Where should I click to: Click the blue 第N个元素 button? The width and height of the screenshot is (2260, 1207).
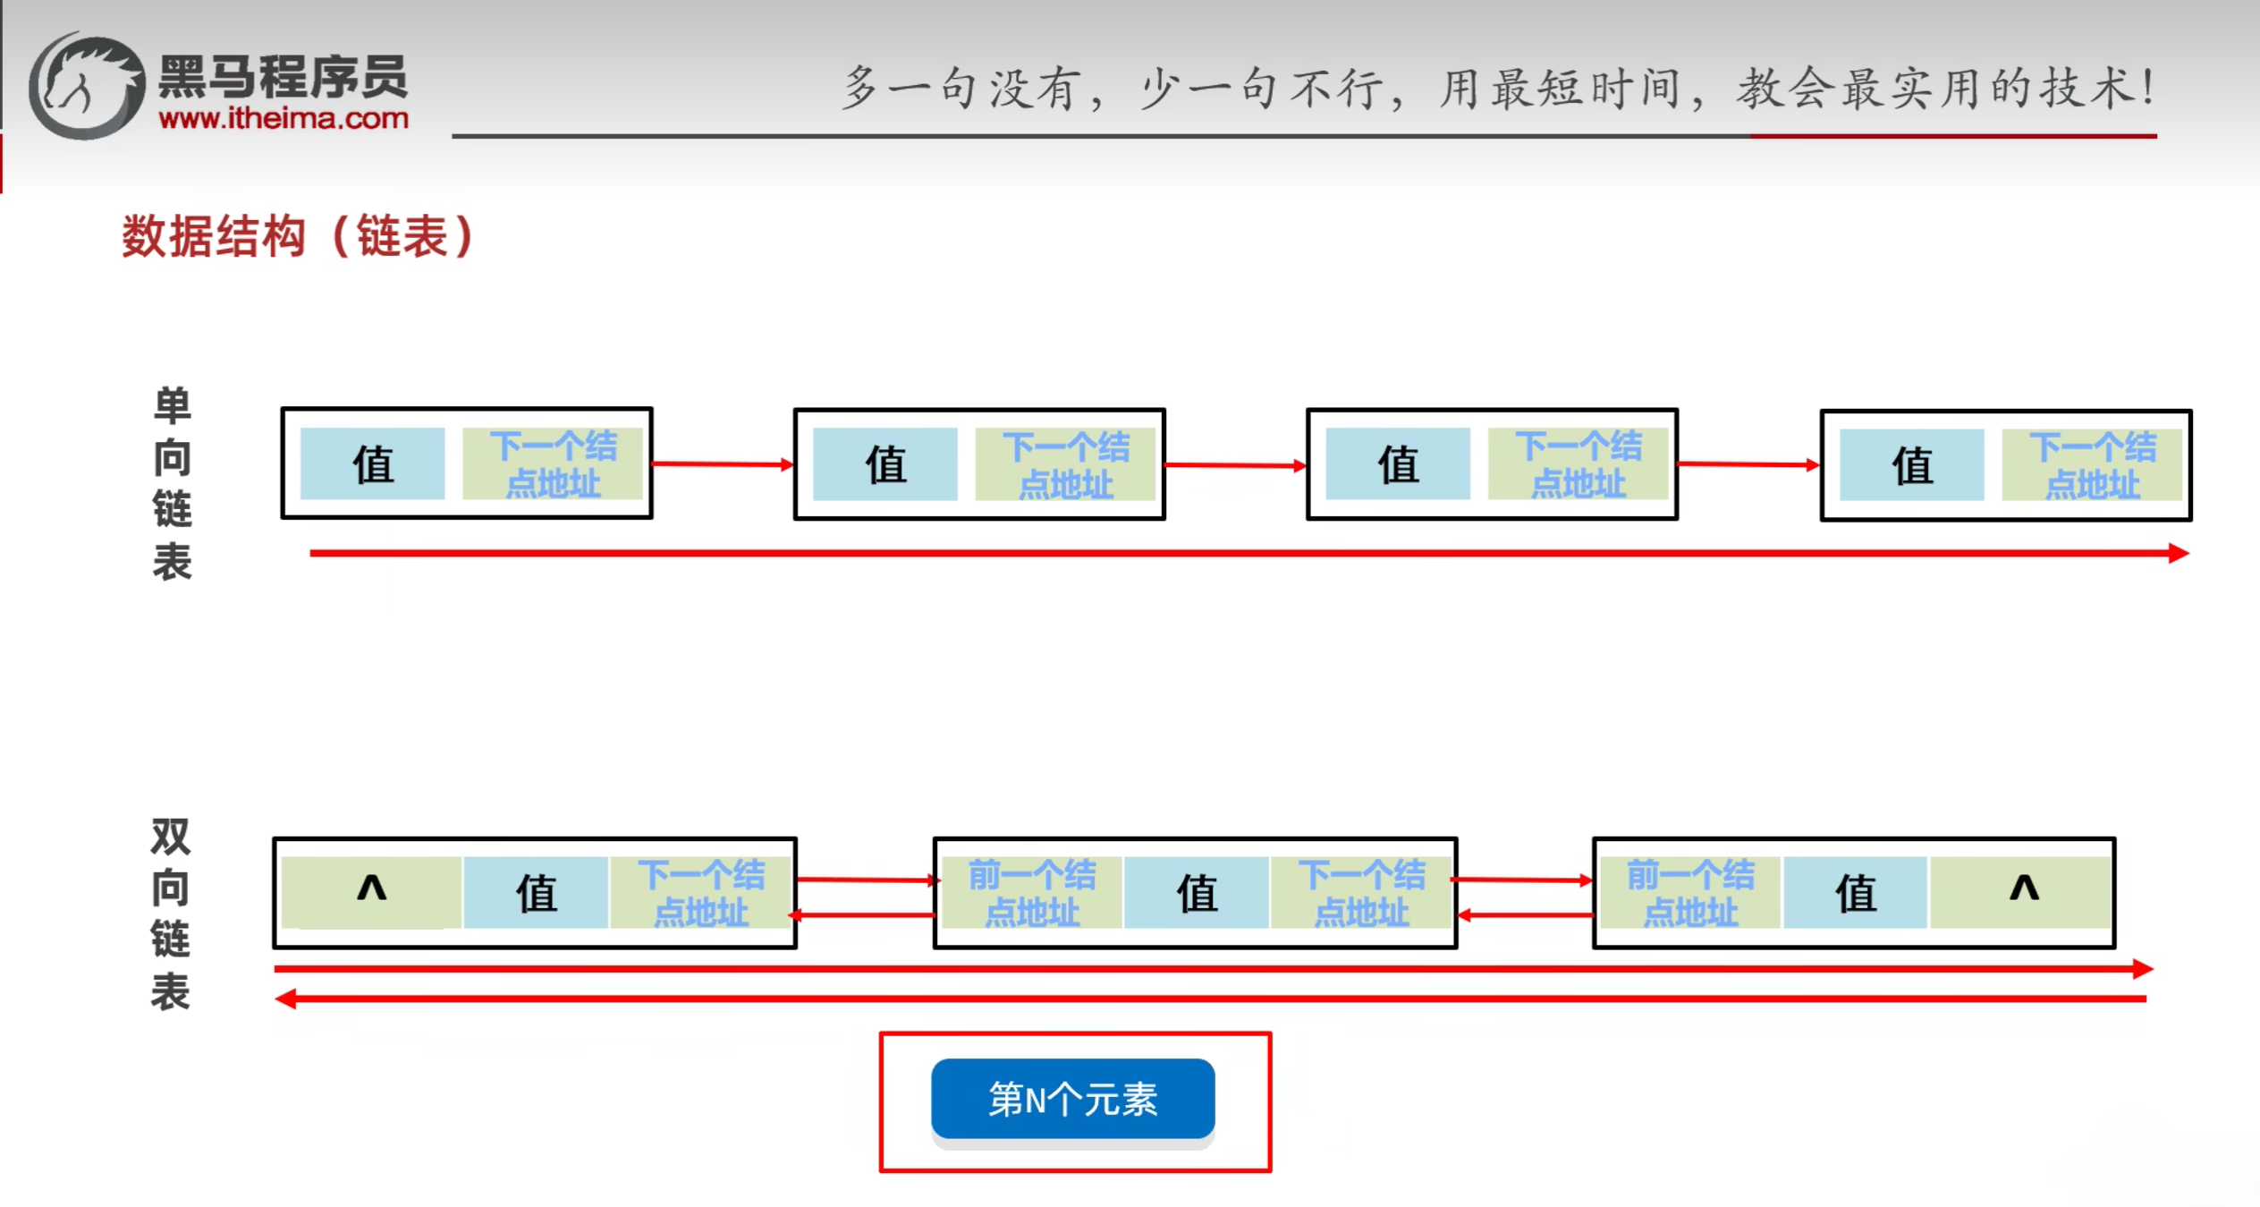coord(1072,1098)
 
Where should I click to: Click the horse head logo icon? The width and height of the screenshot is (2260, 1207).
coord(88,86)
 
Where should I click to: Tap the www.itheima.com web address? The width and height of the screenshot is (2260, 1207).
coord(284,118)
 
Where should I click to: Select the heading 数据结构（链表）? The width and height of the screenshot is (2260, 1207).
coord(298,237)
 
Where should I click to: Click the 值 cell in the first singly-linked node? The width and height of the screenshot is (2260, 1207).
coord(372,463)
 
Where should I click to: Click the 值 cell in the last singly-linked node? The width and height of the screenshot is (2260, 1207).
coord(1911,464)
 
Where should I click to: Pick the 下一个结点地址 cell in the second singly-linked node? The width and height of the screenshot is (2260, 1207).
coord(1064,464)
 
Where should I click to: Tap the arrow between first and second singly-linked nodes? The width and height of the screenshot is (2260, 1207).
coord(723,463)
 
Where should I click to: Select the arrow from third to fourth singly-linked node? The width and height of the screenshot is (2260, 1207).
coord(1748,464)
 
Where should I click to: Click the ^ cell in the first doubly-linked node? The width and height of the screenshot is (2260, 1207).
coord(371,891)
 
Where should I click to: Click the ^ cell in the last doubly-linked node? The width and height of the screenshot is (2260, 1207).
coord(2023,891)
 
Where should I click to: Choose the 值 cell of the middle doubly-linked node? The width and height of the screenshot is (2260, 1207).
coord(1196,892)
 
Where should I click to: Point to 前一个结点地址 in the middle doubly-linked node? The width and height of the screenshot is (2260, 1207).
coord(1031,892)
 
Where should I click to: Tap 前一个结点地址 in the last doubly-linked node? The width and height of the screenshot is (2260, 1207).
coord(1689,892)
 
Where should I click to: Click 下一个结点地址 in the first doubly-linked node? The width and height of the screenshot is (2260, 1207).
coord(700,892)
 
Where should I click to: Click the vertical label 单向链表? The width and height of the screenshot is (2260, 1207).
coord(172,484)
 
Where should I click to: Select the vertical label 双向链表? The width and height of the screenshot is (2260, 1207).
coord(170,914)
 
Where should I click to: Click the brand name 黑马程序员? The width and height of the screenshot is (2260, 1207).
coord(283,78)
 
